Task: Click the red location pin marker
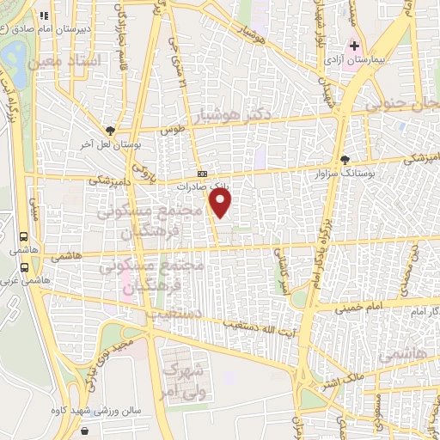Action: (x=221, y=203)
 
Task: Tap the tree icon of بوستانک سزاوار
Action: (x=345, y=159)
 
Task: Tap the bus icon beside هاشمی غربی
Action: (x=23, y=265)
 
